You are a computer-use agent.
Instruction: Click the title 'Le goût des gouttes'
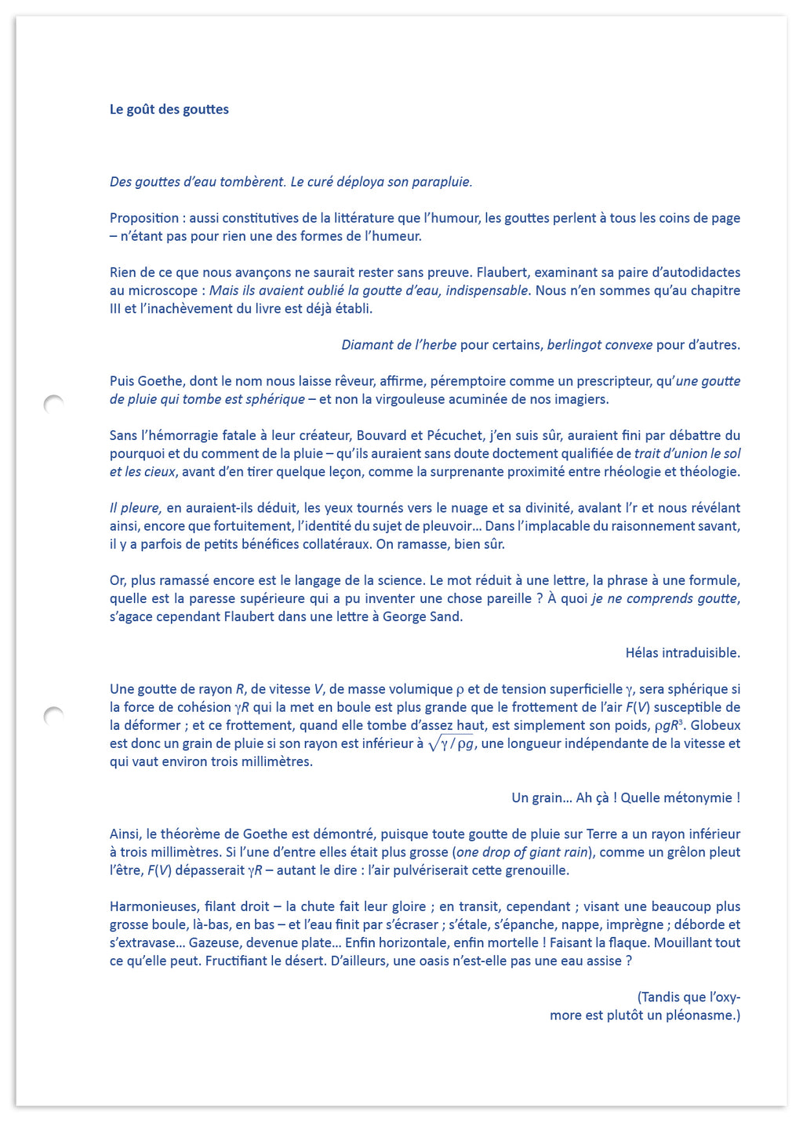169,110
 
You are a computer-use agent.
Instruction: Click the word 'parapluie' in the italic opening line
444,182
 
